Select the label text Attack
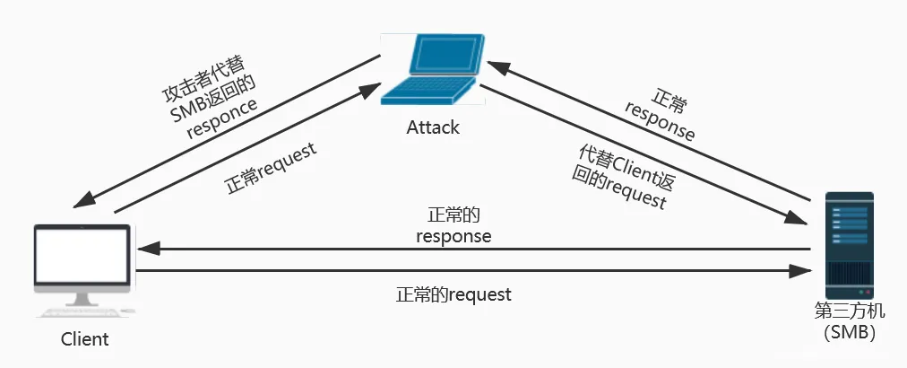pyautogui.click(x=433, y=127)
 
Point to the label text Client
pyautogui.click(x=84, y=339)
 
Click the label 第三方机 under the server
pyautogui.click(x=849, y=311)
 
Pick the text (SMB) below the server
pyautogui.click(x=849, y=333)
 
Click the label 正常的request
pyautogui.click(x=453, y=294)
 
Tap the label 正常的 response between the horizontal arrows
pyautogui.click(x=453, y=226)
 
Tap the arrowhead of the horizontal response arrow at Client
pyautogui.click(x=144, y=249)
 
